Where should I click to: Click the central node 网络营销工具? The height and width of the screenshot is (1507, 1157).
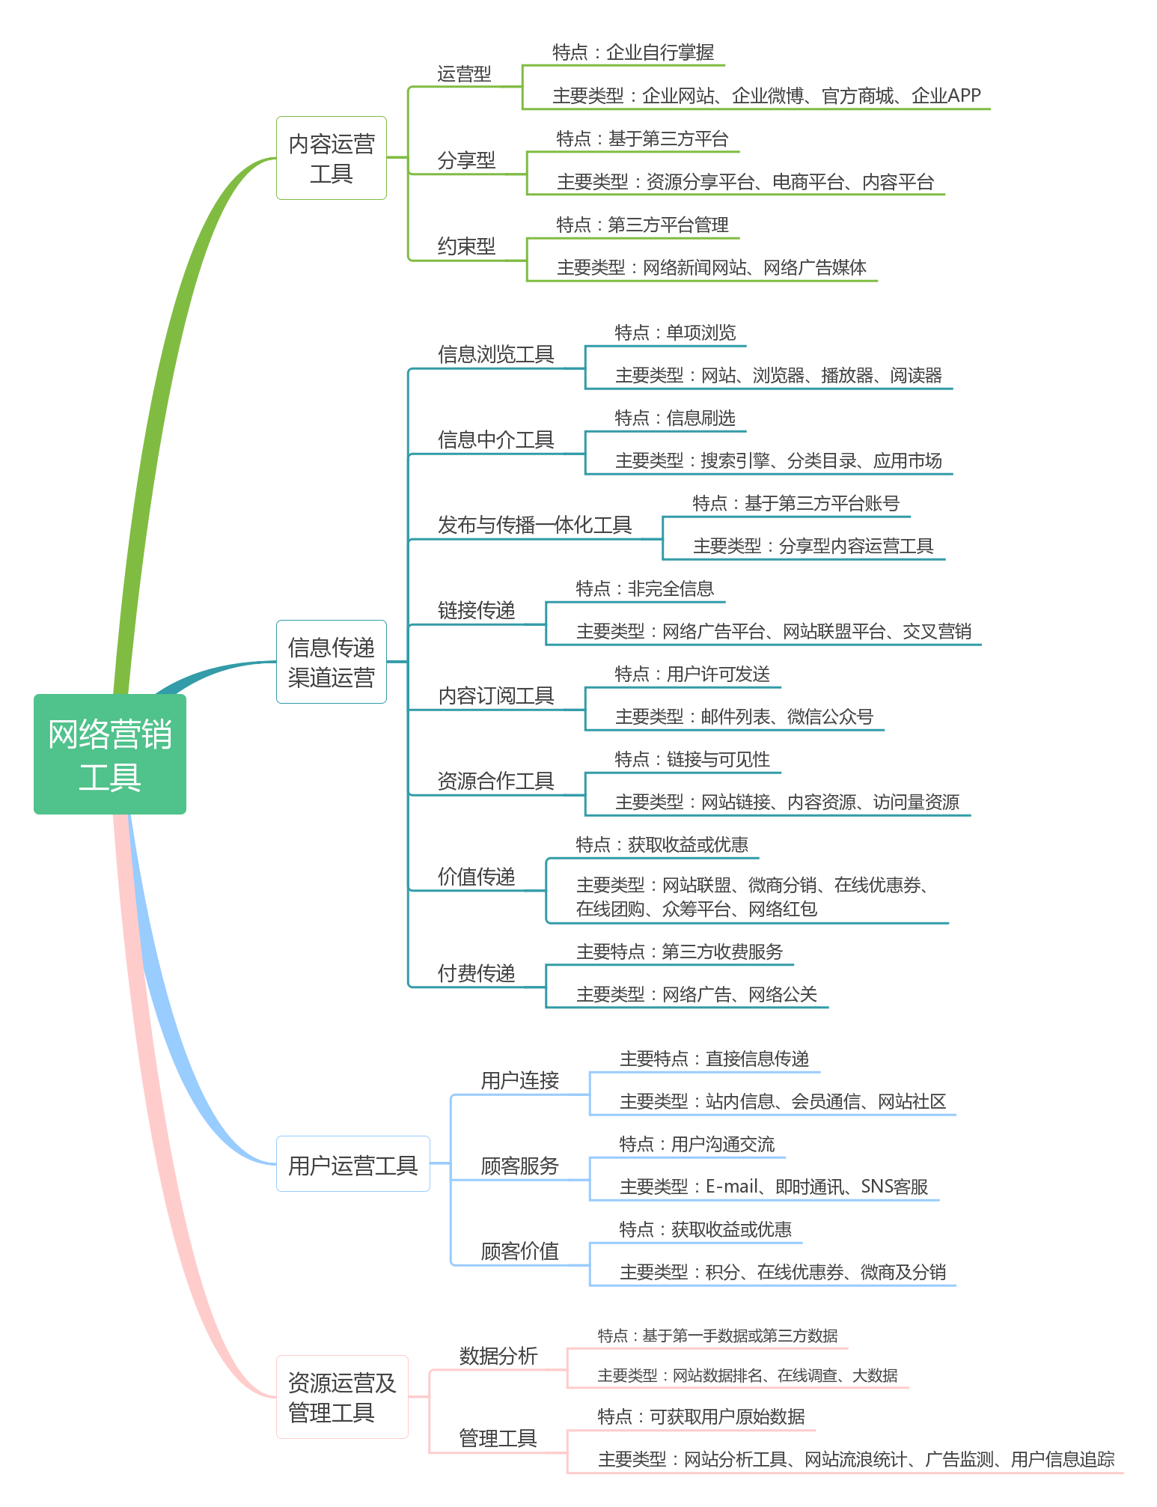(110, 754)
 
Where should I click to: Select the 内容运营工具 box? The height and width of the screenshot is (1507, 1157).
(331, 158)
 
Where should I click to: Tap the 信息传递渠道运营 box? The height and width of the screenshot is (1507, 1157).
(331, 662)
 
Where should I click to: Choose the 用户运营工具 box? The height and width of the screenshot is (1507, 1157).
(352, 1164)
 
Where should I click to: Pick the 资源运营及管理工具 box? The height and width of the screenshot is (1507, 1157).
(341, 1397)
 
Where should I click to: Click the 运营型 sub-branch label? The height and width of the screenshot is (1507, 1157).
(464, 74)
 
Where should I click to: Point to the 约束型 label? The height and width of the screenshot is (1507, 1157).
(466, 246)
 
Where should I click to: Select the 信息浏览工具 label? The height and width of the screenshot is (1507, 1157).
(495, 354)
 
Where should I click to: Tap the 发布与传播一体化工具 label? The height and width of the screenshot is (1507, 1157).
(534, 525)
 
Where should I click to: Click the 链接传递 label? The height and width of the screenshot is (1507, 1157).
(476, 610)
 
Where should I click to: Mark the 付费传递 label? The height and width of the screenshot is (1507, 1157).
(476, 973)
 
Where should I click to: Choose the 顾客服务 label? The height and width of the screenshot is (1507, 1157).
(519, 1166)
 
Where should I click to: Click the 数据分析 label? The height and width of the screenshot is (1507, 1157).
(498, 1356)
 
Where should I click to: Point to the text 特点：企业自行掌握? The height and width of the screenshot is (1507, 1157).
(633, 52)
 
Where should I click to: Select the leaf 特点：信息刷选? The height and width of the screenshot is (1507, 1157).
(675, 418)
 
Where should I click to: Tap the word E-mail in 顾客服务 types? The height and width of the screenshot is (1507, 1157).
(732, 1187)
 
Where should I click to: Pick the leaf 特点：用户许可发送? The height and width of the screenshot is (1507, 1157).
(692, 675)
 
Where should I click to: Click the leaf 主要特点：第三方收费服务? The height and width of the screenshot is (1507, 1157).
(680, 952)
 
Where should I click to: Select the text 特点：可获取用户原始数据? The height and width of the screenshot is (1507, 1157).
(701, 1416)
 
